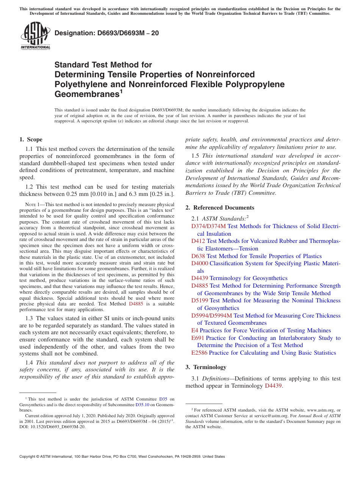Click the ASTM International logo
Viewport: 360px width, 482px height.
pos(35,36)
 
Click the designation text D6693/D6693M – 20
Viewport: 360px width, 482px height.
pos(106,33)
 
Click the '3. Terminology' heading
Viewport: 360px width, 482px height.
pos(206,367)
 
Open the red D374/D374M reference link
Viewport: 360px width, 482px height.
pos(208,226)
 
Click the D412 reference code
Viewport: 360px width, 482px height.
pos(198,241)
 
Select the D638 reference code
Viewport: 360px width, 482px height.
pos(198,256)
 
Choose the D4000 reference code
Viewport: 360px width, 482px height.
pos(200,263)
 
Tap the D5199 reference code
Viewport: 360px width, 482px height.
pos(200,300)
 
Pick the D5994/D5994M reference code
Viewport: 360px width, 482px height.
pos(211,316)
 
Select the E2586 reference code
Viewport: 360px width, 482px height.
pos(199,353)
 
